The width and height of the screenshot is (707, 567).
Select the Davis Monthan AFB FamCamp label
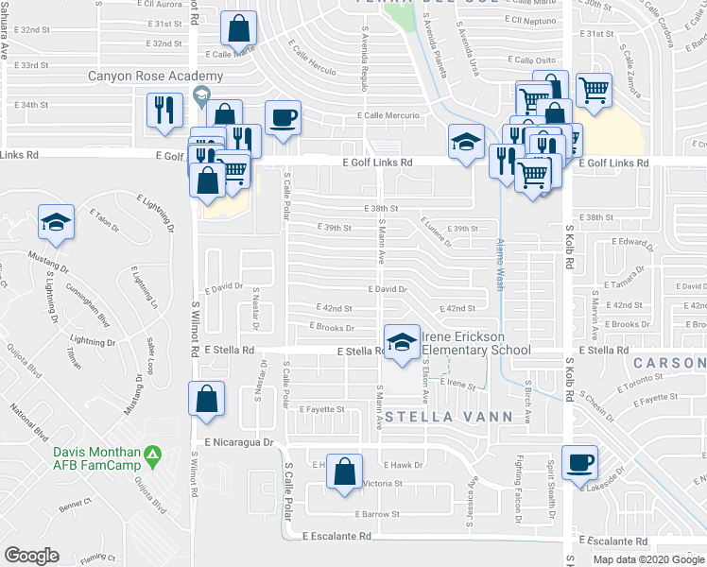click(96, 456)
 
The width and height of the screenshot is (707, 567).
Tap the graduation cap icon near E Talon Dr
click(56, 223)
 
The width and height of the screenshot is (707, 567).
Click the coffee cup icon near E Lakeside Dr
click(579, 463)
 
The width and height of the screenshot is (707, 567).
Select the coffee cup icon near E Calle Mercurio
click(283, 118)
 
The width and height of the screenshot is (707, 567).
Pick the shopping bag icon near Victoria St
click(346, 471)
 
